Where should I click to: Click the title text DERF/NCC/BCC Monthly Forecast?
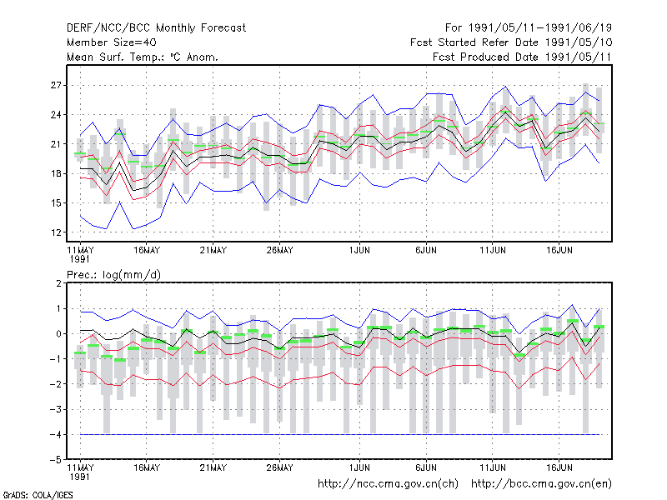click(x=156, y=28)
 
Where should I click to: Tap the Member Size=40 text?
click(x=112, y=42)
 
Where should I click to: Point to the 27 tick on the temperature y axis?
click(x=56, y=86)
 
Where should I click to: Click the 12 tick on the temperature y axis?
click(x=56, y=232)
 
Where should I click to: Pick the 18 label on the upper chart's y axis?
click(x=56, y=173)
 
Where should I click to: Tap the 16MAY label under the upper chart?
click(x=147, y=250)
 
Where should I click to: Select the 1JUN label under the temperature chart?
click(x=359, y=250)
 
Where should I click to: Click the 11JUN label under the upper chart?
click(x=493, y=250)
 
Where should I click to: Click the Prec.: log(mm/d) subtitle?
click(x=113, y=275)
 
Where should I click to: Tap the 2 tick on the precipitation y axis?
click(x=58, y=283)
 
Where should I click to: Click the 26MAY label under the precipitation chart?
click(x=280, y=467)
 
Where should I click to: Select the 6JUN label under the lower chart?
click(x=426, y=467)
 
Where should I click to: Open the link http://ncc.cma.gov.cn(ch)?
click(x=388, y=484)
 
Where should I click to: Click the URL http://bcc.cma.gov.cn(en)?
click(x=541, y=484)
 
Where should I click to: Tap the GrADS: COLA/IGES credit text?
click(x=38, y=495)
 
